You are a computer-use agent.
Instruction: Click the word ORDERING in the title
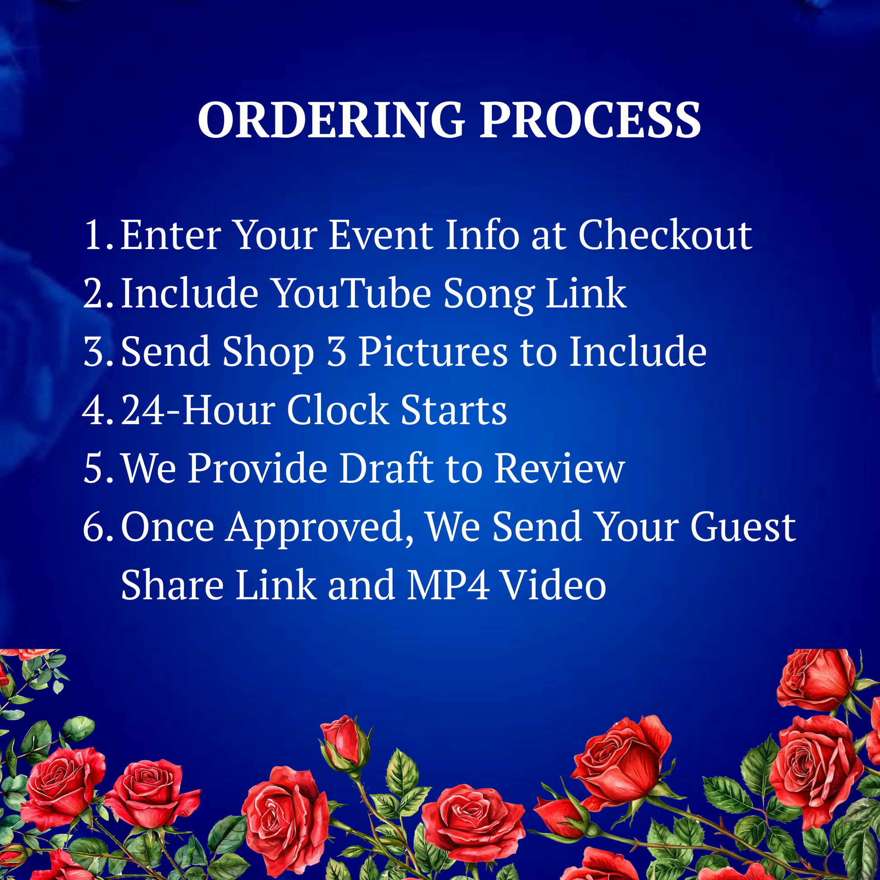[331, 120]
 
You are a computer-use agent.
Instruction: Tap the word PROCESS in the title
[591, 120]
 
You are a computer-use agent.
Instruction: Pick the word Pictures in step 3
[433, 351]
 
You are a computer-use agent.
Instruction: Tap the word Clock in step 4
[338, 410]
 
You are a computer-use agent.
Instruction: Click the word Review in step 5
[560, 468]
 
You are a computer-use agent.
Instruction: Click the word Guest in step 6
[743, 526]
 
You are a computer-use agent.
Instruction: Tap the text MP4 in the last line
[448, 585]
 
